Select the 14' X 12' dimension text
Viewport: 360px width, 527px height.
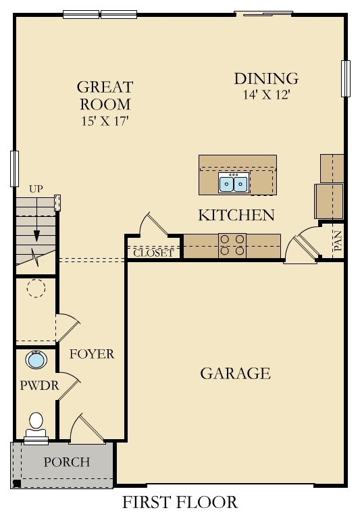[x=265, y=95]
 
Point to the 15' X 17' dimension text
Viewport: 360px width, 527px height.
[x=104, y=122]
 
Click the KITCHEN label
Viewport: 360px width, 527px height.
[x=236, y=216]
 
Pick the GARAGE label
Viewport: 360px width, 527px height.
[x=235, y=373]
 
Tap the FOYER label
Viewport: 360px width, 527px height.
[x=92, y=353]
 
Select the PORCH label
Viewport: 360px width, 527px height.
[x=66, y=462]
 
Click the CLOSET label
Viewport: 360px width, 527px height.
[x=153, y=253]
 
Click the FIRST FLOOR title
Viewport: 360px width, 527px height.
[x=180, y=503]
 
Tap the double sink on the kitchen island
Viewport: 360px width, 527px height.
[x=232, y=182]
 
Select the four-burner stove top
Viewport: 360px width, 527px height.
[x=232, y=245]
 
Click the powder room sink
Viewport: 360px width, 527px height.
[x=36, y=359]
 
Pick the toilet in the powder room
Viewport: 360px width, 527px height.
[x=36, y=425]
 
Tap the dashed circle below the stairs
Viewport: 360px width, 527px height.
[x=35, y=289]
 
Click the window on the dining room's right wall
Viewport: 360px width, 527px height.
[x=346, y=78]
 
